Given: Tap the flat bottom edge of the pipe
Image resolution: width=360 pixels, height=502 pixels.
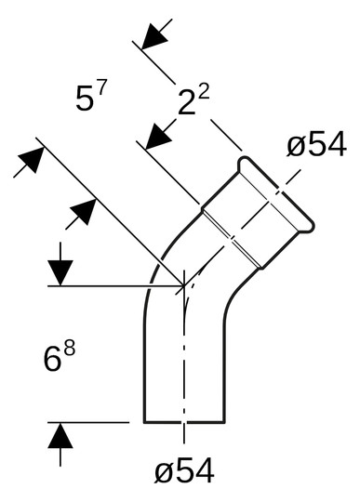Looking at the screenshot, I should coord(184,421).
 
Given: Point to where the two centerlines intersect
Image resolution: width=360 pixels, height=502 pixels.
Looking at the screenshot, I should coord(186,284).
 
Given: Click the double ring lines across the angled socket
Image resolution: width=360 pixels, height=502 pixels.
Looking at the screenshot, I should coord(228,232).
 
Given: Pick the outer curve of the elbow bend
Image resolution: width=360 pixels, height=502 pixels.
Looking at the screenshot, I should coord(158,270).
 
